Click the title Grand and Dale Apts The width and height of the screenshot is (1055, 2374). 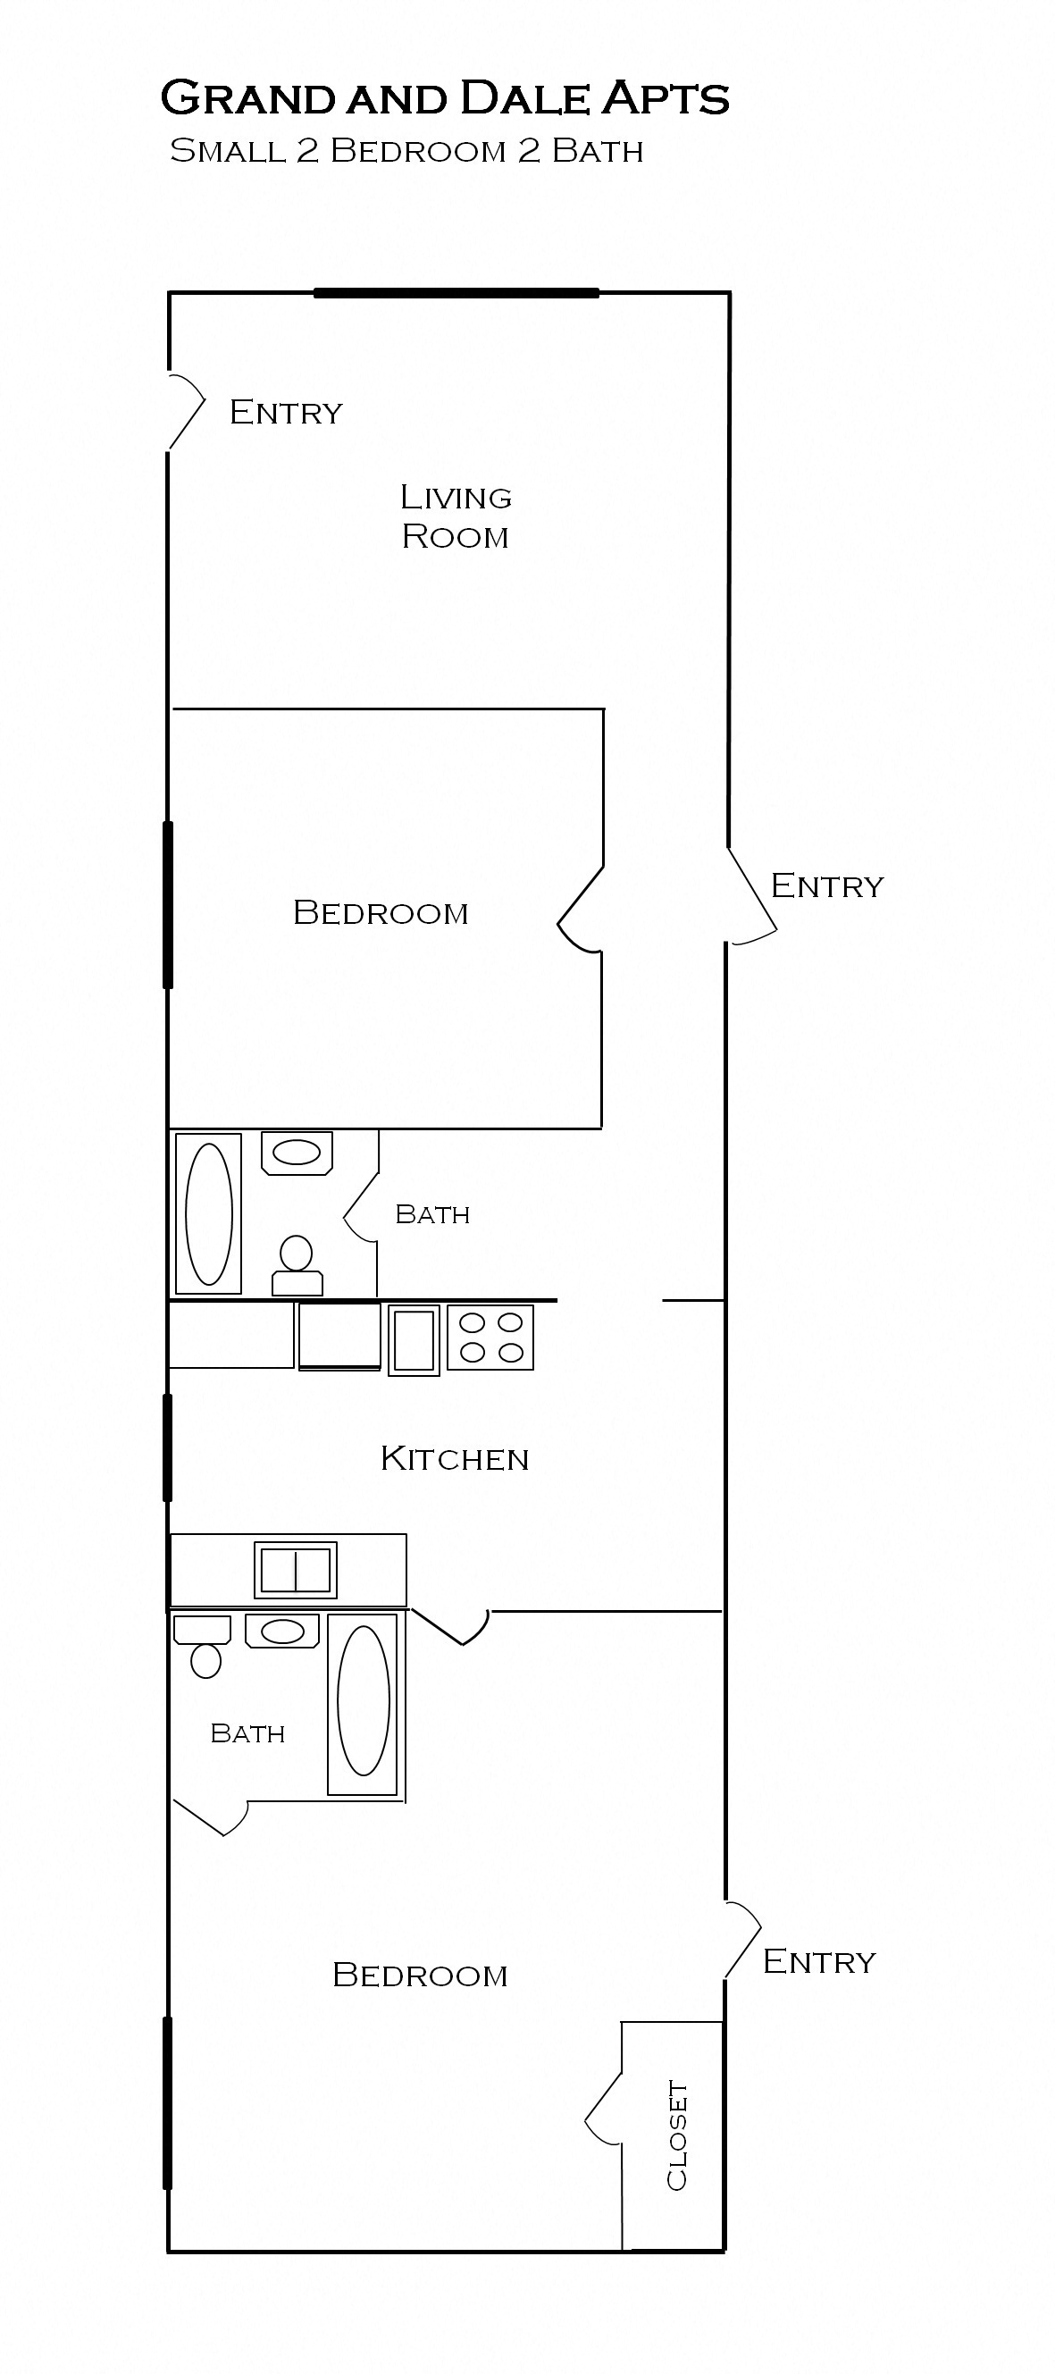[x=445, y=98]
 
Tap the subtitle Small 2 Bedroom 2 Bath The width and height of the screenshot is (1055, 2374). [x=406, y=151]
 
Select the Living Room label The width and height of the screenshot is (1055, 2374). [x=456, y=516]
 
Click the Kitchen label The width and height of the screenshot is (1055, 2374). [x=455, y=1459]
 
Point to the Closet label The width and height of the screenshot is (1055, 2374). [x=677, y=2135]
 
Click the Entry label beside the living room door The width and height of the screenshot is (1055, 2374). [x=286, y=412]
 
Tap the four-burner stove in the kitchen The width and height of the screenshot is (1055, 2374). [x=490, y=1338]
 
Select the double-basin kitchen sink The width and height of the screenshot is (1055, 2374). [x=296, y=1571]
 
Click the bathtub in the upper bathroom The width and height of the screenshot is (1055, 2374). [x=209, y=1213]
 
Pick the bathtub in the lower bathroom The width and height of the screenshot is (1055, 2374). [x=363, y=1704]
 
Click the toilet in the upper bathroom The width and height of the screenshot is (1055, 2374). [x=297, y=1265]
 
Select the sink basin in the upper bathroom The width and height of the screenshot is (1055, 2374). [x=297, y=1152]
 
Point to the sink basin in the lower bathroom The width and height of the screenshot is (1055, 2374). [x=282, y=1632]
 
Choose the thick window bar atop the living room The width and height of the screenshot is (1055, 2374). [x=456, y=293]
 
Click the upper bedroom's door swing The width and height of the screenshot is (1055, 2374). [x=581, y=909]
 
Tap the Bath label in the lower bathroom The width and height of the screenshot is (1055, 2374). [x=247, y=1733]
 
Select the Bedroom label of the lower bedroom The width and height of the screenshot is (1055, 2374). [x=420, y=1975]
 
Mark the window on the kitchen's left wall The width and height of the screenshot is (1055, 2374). [x=168, y=1447]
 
